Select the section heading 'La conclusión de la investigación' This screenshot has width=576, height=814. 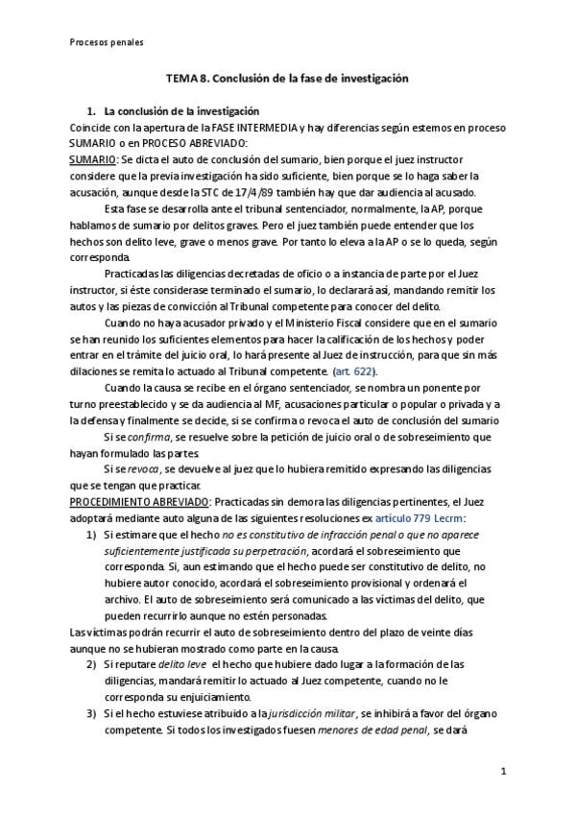181,111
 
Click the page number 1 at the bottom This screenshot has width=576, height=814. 503,771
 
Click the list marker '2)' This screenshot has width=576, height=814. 93,664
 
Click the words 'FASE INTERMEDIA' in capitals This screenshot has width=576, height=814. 260,128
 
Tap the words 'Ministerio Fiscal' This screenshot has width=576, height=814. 289,323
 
